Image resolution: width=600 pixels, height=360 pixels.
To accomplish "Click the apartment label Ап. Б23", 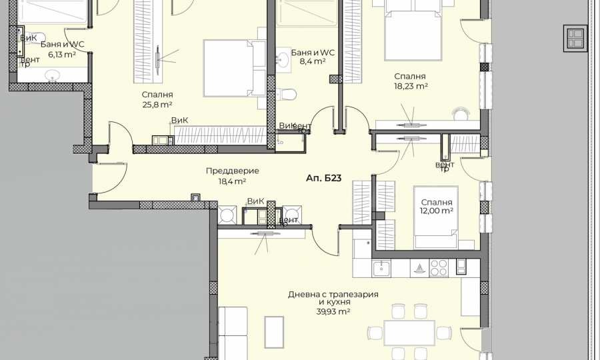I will [x=324, y=179].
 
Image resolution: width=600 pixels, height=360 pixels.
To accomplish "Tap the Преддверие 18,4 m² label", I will [x=232, y=175].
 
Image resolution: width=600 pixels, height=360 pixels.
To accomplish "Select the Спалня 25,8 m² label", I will [x=157, y=99].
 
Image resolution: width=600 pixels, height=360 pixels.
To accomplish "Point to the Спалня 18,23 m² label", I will [x=409, y=81].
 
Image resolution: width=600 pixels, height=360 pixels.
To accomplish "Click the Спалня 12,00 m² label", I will [x=437, y=206].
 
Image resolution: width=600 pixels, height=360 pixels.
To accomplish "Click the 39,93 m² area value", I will [x=333, y=311].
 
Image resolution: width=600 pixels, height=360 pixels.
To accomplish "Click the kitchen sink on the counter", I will [x=381, y=269].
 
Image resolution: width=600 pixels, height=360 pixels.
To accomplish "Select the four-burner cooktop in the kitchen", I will [x=439, y=268].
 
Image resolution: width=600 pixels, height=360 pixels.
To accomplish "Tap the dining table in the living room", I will [x=409, y=331].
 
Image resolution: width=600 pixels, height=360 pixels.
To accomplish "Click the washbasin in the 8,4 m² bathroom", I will [x=282, y=59].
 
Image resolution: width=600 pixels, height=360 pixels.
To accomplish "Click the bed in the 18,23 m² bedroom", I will [x=413, y=33].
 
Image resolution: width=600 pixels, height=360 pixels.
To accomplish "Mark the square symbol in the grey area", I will [x=575, y=38].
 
